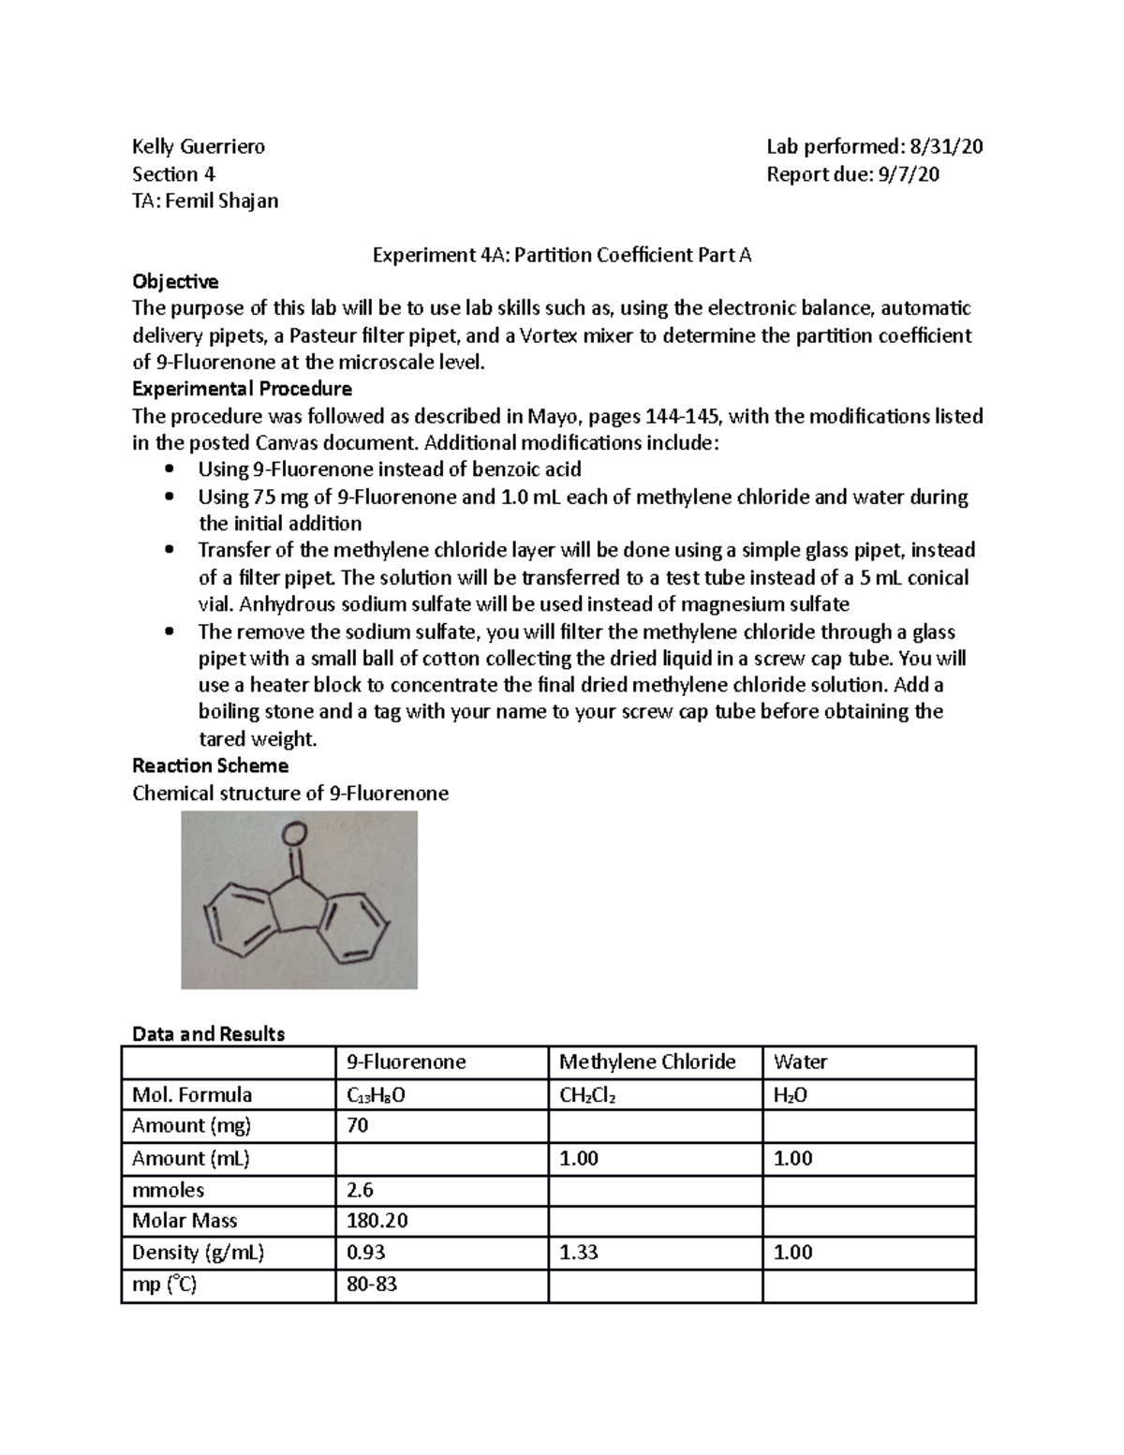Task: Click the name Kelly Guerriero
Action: click(x=199, y=146)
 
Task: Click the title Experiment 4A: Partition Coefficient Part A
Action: click(x=562, y=255)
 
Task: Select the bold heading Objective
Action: click(x=175, y=281)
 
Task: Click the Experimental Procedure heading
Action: click(x=242, y=389)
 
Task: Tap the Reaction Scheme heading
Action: click(x=210, y=765)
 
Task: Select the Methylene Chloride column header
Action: click(x=647, y=1062)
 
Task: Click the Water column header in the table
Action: click(x=800, y=1062)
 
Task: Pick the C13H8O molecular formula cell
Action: click(x=377, y=1094)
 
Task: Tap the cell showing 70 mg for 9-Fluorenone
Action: click(x=358, y=1125)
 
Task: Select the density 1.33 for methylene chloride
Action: click(x=579, y=1253)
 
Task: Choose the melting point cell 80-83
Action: click(x=372, y=1284)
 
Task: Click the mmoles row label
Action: click(x=169, y=1190)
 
